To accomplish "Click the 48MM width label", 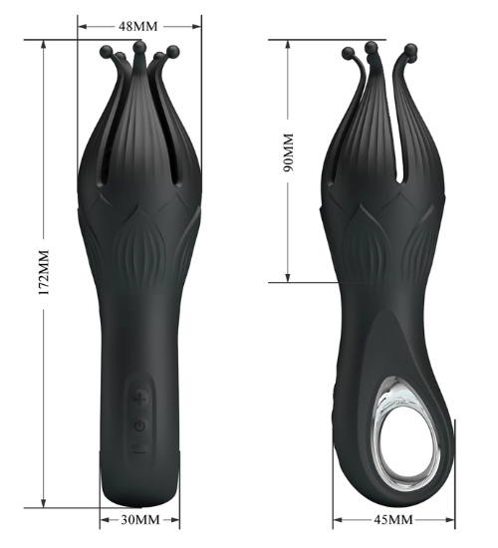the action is (138, 26).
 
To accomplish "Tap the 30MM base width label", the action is (140, 520).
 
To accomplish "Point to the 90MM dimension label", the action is (289, 152).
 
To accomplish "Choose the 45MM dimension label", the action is (393, 520).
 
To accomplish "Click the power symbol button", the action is (139, 425).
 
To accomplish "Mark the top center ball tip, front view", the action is (139, 46).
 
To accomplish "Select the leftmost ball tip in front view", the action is (107, 52).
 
